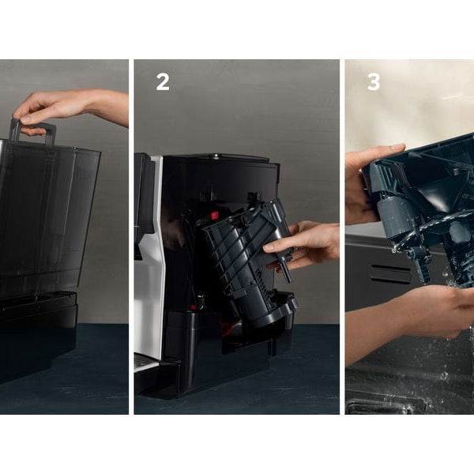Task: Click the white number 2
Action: pos(163,82)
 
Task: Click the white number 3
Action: pos(374,82)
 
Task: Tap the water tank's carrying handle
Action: pos(32,131)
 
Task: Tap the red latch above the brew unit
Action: pos(214,216)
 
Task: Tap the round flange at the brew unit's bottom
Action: pos(272,314)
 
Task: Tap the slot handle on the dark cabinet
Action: pos(391,273)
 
